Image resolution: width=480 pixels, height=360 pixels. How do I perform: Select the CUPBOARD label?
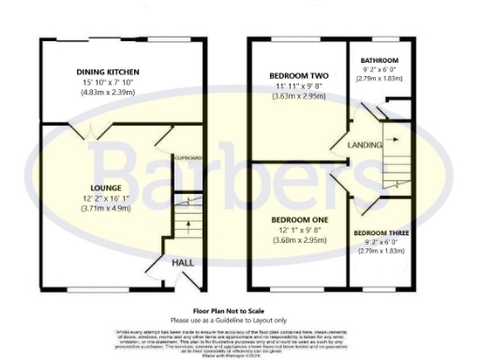pos(187,159)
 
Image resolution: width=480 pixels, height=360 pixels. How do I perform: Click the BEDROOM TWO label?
pos(298,75)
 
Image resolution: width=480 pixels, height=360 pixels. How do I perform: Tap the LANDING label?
pos(363,145)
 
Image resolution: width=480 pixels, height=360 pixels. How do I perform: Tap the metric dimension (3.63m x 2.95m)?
pos(298,96)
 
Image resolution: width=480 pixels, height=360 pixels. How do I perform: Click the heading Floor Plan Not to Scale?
pos(241,307)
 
